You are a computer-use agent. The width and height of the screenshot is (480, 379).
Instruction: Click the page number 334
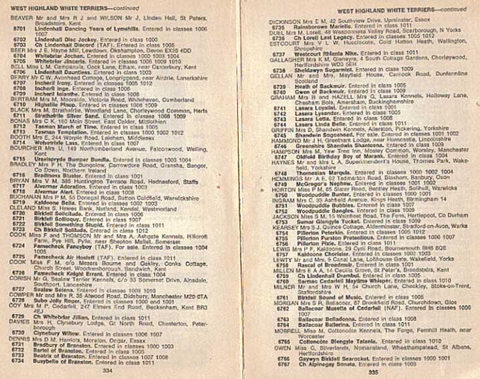[108, 368]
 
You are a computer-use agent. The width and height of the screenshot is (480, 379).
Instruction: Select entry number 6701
[19, 29]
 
